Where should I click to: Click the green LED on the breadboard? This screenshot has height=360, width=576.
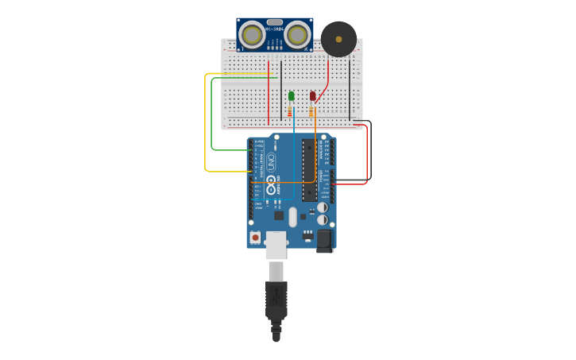[292, 96]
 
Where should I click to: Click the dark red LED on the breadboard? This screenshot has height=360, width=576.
[312, 96]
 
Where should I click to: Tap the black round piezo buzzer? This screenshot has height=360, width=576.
[338, 39]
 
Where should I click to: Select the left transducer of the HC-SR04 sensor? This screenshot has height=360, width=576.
[253, 35]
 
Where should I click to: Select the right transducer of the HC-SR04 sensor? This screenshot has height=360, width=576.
[297, 35]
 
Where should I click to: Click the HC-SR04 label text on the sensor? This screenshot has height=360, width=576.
[275, 29]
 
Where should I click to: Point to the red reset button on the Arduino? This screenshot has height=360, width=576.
[255, 237]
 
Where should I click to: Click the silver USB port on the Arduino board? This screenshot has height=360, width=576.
[276, 245]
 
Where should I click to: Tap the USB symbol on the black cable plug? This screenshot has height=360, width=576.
[276, 296]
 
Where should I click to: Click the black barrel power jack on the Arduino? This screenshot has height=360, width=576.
[324, 241]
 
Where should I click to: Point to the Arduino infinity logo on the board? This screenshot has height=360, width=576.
[271, 189]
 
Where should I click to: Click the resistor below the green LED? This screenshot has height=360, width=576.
[290, 112]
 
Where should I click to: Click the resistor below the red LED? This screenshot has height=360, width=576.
[311, 112]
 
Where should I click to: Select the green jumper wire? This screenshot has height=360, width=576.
[212, 119]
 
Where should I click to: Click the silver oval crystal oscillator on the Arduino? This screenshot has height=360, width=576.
[292, 217]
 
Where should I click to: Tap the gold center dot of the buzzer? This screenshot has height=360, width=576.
[338, 38]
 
